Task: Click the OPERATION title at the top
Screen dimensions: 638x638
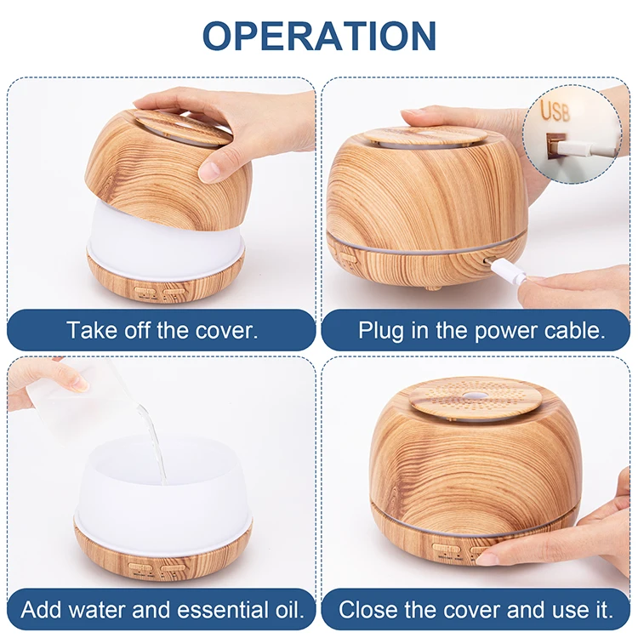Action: click(319, 36)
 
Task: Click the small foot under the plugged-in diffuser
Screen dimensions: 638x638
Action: click(434, 287)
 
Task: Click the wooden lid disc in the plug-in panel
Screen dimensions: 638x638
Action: click(421, 136)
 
